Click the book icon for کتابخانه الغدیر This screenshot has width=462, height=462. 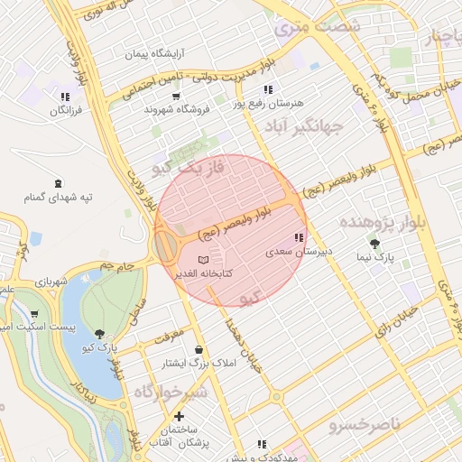(x=214, y=260)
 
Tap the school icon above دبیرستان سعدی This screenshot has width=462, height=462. (x=298, y=237)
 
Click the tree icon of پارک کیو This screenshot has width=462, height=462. (x=99, y=333)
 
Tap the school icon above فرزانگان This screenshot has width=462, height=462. (x=65, y=96)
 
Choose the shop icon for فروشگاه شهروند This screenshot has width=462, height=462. (x=175, y=96)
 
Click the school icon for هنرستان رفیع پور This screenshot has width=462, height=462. (x=267, y=89)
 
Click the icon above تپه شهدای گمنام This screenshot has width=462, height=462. (x=60, y=182)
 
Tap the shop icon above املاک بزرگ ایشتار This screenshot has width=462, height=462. (x=199, y=349)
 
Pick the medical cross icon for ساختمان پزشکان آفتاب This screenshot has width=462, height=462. (x=180, y=417)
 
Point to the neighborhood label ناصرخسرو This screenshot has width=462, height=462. (x=365, y=422)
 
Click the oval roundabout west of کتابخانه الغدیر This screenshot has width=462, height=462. (x=165, y=245)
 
